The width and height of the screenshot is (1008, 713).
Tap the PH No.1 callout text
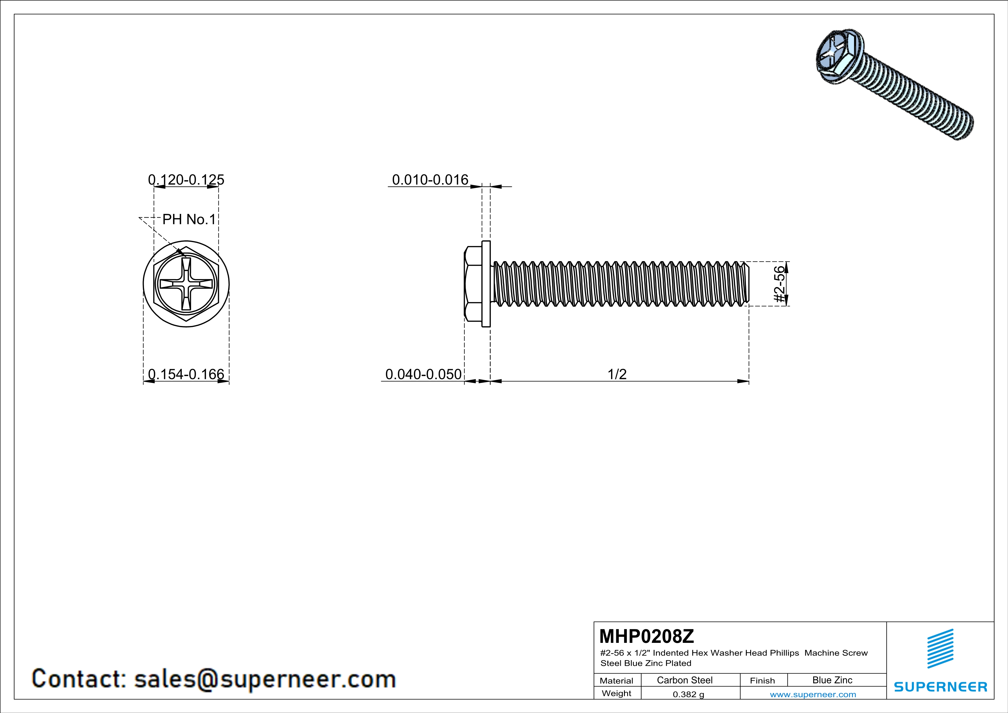tap(189, 219)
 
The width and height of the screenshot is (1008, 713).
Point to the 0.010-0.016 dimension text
tap(430, 180)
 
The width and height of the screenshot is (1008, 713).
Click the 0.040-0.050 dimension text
tap(423, 374)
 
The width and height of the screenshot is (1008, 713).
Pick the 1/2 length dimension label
tap(617, 374)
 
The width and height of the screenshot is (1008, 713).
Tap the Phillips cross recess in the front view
tap(186, 284)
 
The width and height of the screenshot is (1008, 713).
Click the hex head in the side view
tap(473, 284)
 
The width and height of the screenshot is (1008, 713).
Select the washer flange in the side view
tap(486, 284)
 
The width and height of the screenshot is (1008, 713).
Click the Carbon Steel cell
tap(684, 680)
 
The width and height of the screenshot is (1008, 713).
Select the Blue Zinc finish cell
tap(832, 680)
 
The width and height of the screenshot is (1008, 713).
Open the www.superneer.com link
tap(813, 694)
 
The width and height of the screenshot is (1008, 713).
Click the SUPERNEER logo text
tap(940, 687)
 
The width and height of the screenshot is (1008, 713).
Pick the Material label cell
tap(617, 681)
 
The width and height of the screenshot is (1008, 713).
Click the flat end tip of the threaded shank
tap(748, 284)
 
